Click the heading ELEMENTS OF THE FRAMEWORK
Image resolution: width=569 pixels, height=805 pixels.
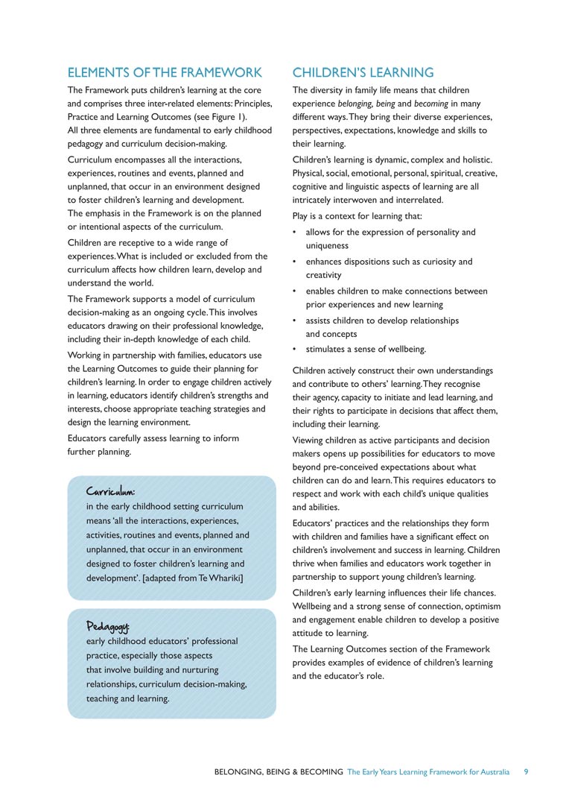[x=165, y=72]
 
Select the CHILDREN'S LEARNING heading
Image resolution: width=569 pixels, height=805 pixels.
[x=363, y=72]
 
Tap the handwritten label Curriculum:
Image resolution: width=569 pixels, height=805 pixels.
[x=110, y=492]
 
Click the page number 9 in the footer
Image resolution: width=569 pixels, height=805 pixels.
[x=526, y=771]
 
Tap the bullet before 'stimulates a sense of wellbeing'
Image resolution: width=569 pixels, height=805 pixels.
[x=296, y=349]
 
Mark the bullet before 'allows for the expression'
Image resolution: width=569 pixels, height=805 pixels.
[x=296, y=233]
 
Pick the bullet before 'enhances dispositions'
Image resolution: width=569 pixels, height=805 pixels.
[x=296, y=262]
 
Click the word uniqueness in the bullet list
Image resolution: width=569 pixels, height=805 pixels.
[x=327, y=245]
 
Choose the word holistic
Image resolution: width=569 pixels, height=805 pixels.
[x=477, y=160]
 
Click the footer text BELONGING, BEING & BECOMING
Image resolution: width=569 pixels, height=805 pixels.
[x=279, y=771]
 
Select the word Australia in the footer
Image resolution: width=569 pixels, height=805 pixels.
[x=490, y=771]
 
